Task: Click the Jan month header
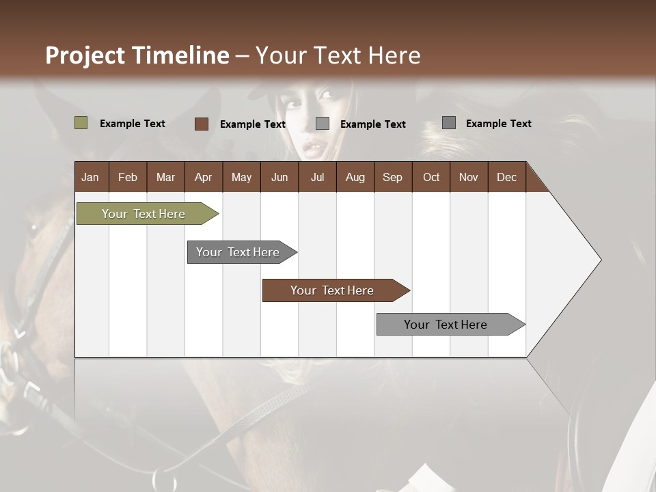coord(90,177)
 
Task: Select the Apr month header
coord(203,177)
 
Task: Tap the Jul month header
coord(317,177)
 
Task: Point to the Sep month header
coord(392,177)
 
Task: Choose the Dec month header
coord(506,177)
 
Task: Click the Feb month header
coord(128,177)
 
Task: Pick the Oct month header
coord(431,177)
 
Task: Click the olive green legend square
coord(81,123)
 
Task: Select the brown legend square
coord(201,124)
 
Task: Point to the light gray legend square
coord(323,124)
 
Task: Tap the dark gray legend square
coord(449,123)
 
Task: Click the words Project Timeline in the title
coord(137,55)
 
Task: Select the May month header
coord(241,177)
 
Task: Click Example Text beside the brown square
coord(252,124)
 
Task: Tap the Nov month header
coord(469,177)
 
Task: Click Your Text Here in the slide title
coord(338,55)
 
